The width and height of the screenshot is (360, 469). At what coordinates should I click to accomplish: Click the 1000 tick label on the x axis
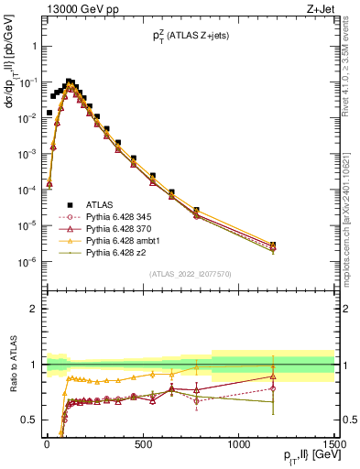pos(238,446)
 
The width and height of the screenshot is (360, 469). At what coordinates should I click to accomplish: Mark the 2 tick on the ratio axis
pos(34,309)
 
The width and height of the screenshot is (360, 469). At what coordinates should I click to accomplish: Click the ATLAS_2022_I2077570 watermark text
pos(190,273)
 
